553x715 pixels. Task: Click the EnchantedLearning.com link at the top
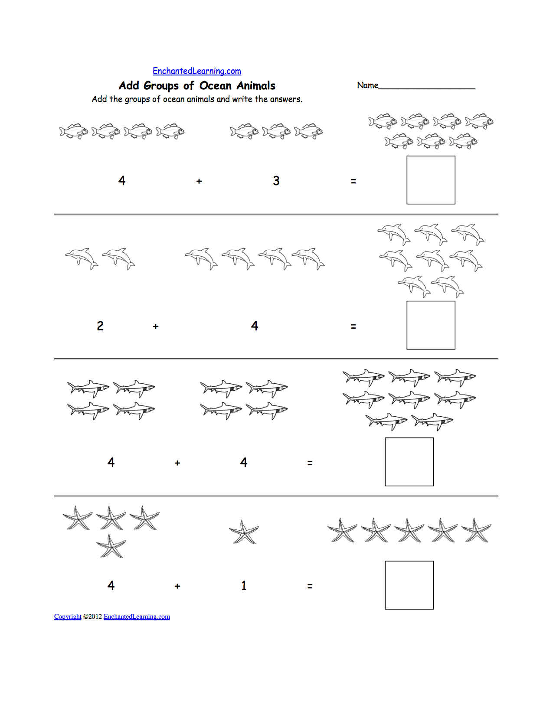point(196,71)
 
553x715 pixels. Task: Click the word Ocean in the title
point(215,85)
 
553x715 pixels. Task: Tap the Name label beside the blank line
point(367,85)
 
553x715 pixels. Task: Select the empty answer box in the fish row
point(430,180)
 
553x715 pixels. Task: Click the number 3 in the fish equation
point(276,181)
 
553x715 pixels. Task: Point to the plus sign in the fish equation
point(199,181)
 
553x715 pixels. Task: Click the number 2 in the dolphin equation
point(100,326)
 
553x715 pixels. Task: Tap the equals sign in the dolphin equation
point(353,326)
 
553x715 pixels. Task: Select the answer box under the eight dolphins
point(430,325)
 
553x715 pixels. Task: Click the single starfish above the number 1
point(244,532)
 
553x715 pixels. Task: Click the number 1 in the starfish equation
point(244,586)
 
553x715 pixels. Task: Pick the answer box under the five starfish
point(409,585)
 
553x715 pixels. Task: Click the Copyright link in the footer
point(68,617)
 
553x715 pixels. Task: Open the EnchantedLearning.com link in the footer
point(137,617)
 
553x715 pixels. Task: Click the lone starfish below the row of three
point(111,546)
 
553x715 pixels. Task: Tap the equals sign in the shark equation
point(310,463)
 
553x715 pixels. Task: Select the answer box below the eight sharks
point(409,462)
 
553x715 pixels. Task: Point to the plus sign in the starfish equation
point(177,586)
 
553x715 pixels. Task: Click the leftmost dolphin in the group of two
point(82,258)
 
